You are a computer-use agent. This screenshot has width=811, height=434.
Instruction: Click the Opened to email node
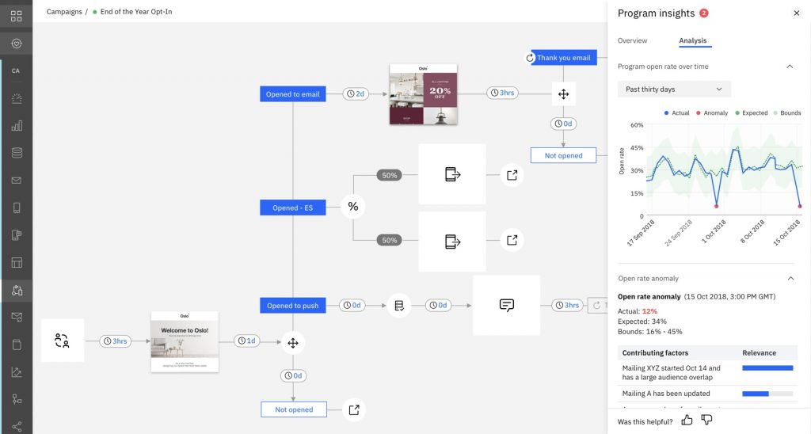tap(292, 94)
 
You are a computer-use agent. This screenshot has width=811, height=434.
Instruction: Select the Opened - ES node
tap(292, 207)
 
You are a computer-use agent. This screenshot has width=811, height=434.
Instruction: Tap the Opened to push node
tap(292, 306)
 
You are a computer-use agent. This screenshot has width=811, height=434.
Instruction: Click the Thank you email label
tap(563, 58)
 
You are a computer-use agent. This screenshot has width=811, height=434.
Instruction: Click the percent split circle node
tap(353, 207)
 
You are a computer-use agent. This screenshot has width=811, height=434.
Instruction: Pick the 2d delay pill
tap(356, 93)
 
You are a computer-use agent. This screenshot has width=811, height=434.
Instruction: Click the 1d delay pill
tap(247, 341)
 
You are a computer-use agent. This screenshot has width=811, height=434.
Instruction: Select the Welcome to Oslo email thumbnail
tap(185, 341)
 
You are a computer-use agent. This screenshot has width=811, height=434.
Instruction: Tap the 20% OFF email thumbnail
tap(424, 93)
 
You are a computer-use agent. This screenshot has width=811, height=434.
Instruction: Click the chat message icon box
tap(506, 305)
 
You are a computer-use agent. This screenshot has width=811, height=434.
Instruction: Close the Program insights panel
tap(796, 13)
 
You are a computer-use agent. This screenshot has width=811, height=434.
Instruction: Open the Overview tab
tap(632, 40)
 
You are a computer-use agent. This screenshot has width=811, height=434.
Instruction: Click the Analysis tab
tap(693, 40)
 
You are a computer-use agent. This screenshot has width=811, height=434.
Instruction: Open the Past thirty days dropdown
tap(674, 89)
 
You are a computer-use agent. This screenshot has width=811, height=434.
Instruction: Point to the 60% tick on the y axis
tap(637, 125)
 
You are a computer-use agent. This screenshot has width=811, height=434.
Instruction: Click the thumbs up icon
tap(687, 421)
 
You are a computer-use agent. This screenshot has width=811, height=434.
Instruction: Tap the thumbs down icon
tap(706, 421)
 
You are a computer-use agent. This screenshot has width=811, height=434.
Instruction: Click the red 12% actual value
tap(649, 311)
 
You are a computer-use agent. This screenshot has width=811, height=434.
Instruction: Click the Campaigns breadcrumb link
tap(63, 13)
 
